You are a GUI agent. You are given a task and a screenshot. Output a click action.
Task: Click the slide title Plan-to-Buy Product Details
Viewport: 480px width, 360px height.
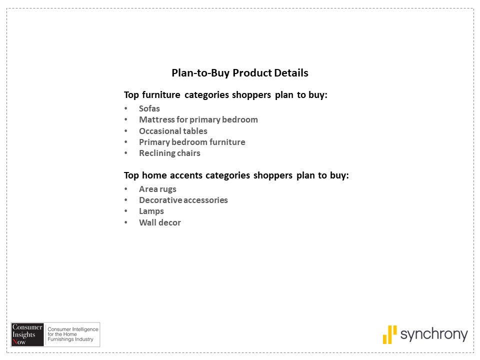tap(239, 73)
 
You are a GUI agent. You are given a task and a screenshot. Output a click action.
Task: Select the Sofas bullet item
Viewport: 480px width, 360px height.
tap(149, 108)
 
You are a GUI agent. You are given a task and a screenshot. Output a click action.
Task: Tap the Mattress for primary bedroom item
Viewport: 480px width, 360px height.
tap(198, 119)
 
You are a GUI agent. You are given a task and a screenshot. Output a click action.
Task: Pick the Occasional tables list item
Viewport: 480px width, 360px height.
tap(173, 131)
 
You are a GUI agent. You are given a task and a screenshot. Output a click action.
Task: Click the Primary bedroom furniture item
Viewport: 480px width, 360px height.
tap(192, 142)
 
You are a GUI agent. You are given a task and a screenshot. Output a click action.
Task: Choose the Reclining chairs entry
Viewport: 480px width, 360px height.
tap(169, 153)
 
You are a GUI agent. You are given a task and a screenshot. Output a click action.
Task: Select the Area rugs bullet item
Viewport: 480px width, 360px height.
tap(157, 189)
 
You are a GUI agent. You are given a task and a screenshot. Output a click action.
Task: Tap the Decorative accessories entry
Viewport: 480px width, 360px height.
tap(183, 200)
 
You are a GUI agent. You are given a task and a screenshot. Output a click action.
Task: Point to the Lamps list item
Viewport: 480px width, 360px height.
tap(151, 211)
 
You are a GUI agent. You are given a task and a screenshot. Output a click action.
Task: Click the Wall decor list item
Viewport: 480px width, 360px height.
tap(160, 222)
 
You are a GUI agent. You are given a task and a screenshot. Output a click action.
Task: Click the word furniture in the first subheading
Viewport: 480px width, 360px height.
tap(161, 95)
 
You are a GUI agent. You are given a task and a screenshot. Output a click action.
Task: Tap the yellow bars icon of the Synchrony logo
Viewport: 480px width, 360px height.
tap(389, 334)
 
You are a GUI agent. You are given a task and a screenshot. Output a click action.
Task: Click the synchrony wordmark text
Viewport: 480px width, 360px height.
tap(434, 334)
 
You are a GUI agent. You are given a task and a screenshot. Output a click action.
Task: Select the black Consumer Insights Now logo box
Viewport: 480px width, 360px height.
tap(27, 334)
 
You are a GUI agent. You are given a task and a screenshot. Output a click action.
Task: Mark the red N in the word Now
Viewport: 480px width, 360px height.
tap(14, 342)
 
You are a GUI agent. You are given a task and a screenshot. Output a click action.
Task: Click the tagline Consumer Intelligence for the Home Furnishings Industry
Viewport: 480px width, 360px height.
tap(73, 334)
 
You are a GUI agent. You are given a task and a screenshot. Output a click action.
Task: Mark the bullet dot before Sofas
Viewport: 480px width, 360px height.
tap(125, 108)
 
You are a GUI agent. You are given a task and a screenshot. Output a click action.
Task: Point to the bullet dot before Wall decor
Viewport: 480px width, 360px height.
tap(125, 222)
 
